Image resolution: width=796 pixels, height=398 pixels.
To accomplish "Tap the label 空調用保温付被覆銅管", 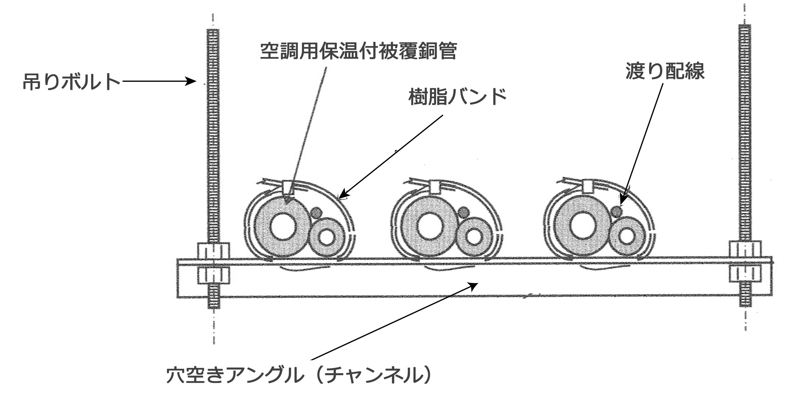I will (x=358, y=51).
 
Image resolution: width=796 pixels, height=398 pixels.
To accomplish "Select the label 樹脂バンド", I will (x=457, y=97).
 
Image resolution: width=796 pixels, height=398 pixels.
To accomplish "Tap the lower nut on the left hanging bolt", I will (x=213, y=275).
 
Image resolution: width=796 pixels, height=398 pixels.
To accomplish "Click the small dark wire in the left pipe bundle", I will (x=316, y=212).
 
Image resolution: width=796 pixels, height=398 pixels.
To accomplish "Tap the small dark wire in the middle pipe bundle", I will (x=464, y=212).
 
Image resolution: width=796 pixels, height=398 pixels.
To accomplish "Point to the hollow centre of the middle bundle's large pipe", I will (x=430, y=226).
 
